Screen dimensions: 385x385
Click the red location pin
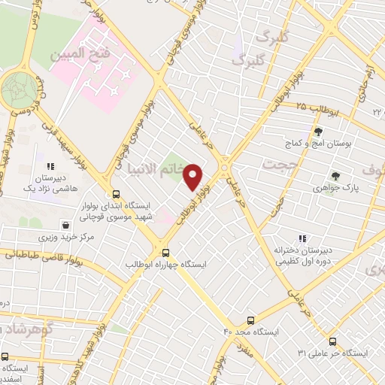point(193,177)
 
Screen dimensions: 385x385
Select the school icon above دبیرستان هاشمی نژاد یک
point(50,167)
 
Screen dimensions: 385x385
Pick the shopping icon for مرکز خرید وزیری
point(67,224)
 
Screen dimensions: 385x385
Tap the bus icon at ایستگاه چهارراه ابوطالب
point(166,253)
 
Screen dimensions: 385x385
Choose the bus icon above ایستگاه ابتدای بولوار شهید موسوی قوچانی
point(116,192)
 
